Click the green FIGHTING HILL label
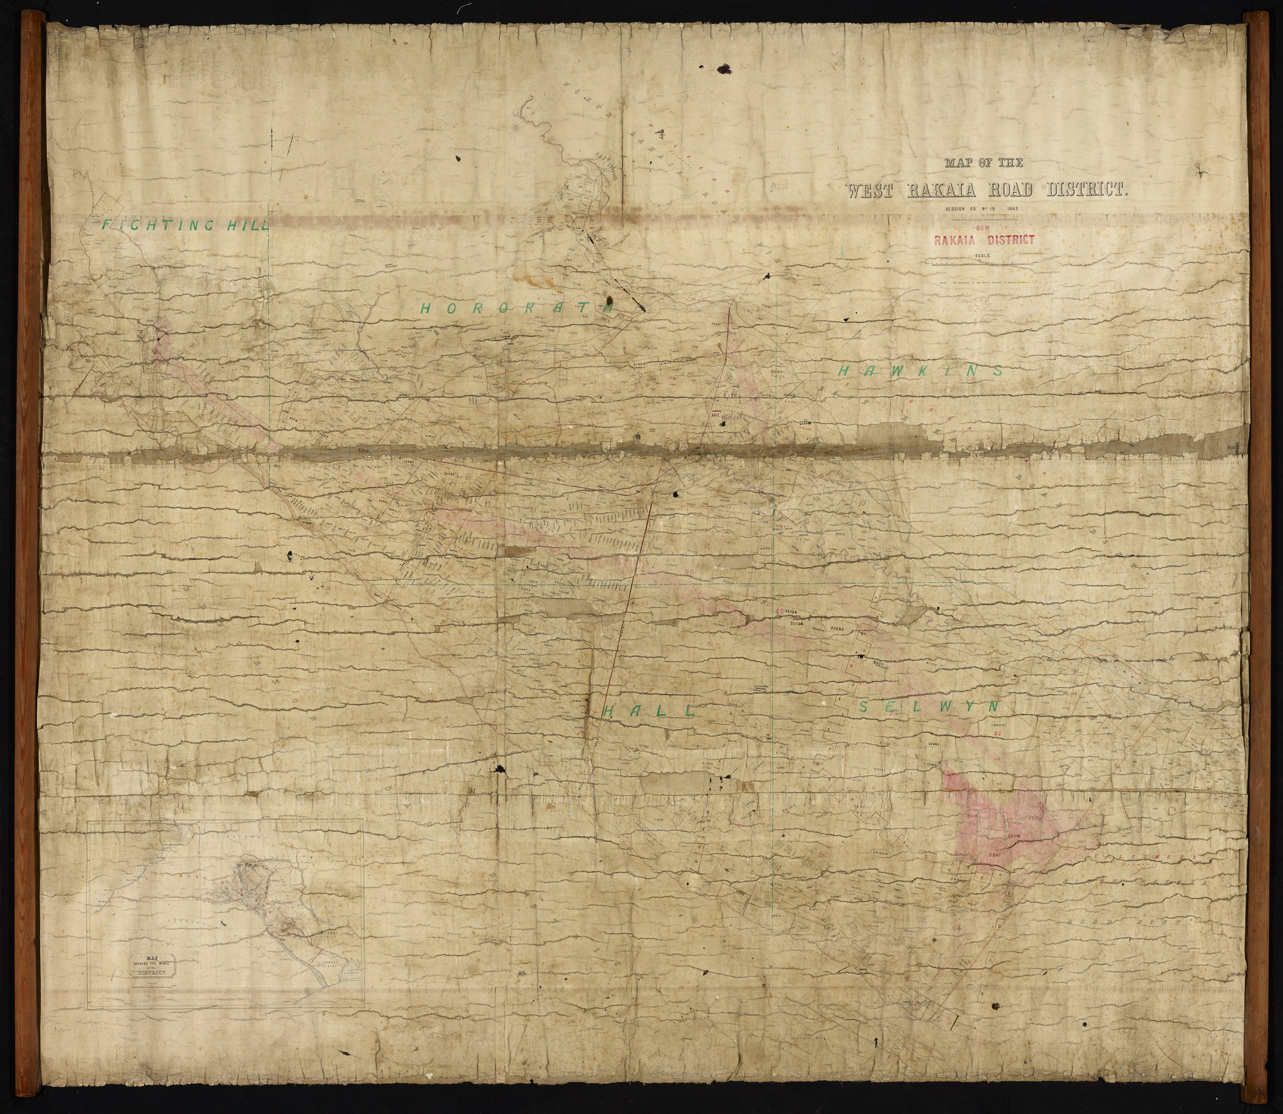tap(184, 224)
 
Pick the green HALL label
tap(650, 710)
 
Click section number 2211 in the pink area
tap(971, 816)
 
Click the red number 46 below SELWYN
tap(996, 734)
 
